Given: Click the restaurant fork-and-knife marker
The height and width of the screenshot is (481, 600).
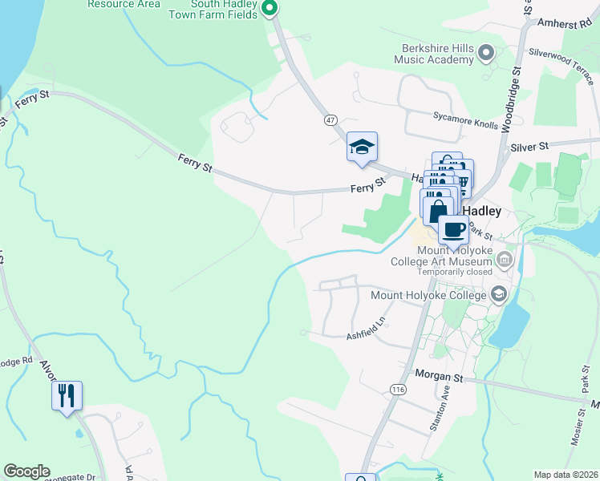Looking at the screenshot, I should tap(67, 395).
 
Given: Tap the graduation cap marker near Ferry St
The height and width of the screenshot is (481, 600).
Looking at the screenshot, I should tap(362, 147).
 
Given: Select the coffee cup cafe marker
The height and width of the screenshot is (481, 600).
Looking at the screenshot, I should tap(453, 230).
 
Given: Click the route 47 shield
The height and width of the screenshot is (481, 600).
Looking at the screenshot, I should tap(330, 119).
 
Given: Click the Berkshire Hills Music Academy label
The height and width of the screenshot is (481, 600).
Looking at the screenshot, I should tap(433, 54).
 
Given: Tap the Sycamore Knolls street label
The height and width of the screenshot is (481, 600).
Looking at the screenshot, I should tap(466, 115).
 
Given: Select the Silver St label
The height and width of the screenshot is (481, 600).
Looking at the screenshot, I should tap(529, 147).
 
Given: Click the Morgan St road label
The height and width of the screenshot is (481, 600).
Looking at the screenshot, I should tap(440, 374).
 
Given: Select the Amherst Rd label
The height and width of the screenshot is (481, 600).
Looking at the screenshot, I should tap(570, 25).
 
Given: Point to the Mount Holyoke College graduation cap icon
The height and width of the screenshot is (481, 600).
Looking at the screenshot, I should tap(500, 295).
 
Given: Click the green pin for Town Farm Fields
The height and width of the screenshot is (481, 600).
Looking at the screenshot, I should tap(270, 9).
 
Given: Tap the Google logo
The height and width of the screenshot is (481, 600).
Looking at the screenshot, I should tap(26, 471).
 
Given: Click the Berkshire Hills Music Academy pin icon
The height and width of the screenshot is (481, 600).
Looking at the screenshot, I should tap(485, 54).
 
